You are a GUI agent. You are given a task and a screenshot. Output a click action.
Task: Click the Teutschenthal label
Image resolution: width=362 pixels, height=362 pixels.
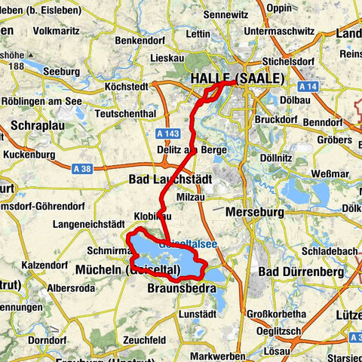pos(127,113)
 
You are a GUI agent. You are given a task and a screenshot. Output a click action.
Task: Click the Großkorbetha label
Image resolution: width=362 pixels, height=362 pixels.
pos(281,314)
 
